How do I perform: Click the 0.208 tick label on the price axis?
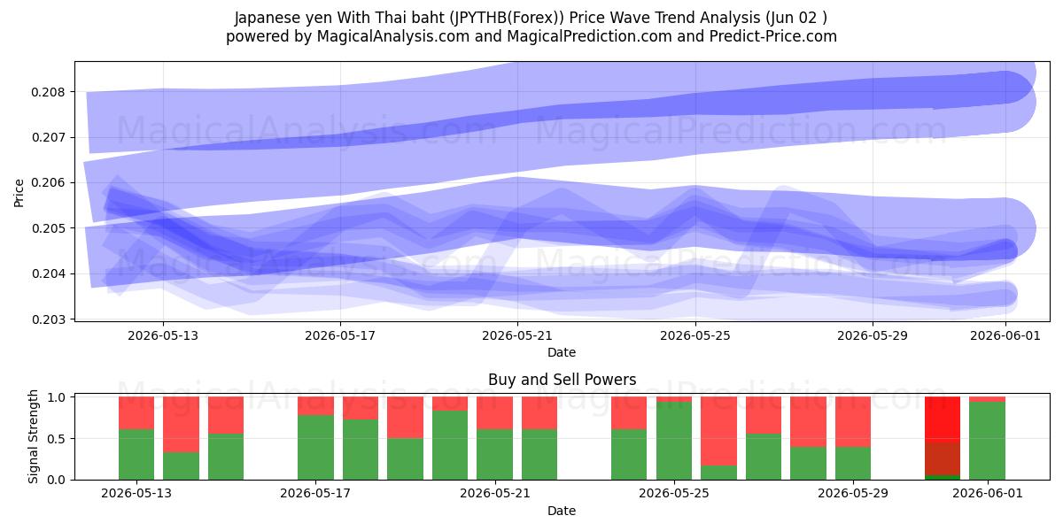[x=48, y=92]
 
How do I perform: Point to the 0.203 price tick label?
[x=48, y=319]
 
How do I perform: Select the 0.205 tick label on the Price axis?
[x=48, y=228]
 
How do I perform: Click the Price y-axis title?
[x=19, y=193]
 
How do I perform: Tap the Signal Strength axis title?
[x=33, y=436]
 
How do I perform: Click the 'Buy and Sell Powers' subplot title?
[x=562, y=380]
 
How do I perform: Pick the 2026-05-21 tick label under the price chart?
[x=517, y=335]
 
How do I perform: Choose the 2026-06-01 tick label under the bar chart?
[x=988, y=494]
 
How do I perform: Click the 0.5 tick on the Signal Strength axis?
[x=56, y=439]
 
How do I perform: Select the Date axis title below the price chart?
[x=562, y=352]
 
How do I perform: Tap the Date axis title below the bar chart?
[x=562, y=511]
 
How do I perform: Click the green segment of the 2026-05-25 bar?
[x=674, y=441]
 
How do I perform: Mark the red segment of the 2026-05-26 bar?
[x=719, y=431]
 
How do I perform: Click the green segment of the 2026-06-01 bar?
[x=988, y=441]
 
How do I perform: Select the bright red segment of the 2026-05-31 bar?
[x=943, y=420]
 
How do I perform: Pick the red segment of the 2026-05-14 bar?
[x=182, y=424]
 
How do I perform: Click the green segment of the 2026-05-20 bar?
[x=450, y=445]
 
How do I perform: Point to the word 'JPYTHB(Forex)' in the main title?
[x=508, y=18]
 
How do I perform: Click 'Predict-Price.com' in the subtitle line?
[x=773, y=36]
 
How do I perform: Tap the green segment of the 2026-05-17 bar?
[x=315, y=448]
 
